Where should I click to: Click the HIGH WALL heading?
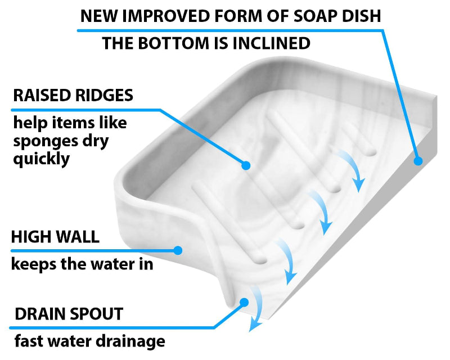pyautogui.click(x=55, y=237)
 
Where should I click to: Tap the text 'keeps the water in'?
pyautogui.click(x=82, y=263)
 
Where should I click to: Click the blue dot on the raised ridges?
pyautogui.click(x=245, y=165)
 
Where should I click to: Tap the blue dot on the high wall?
pyautogui.click(x=178, y=249)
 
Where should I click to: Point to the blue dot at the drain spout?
pyautogui.click(x=244, y=302)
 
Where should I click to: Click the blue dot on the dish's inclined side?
pyautogui.click(x=417, y=161)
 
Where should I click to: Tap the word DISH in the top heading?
pyautogui.click(x=363, y=15)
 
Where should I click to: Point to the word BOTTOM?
pyautogui.click(x=172, y=43)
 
